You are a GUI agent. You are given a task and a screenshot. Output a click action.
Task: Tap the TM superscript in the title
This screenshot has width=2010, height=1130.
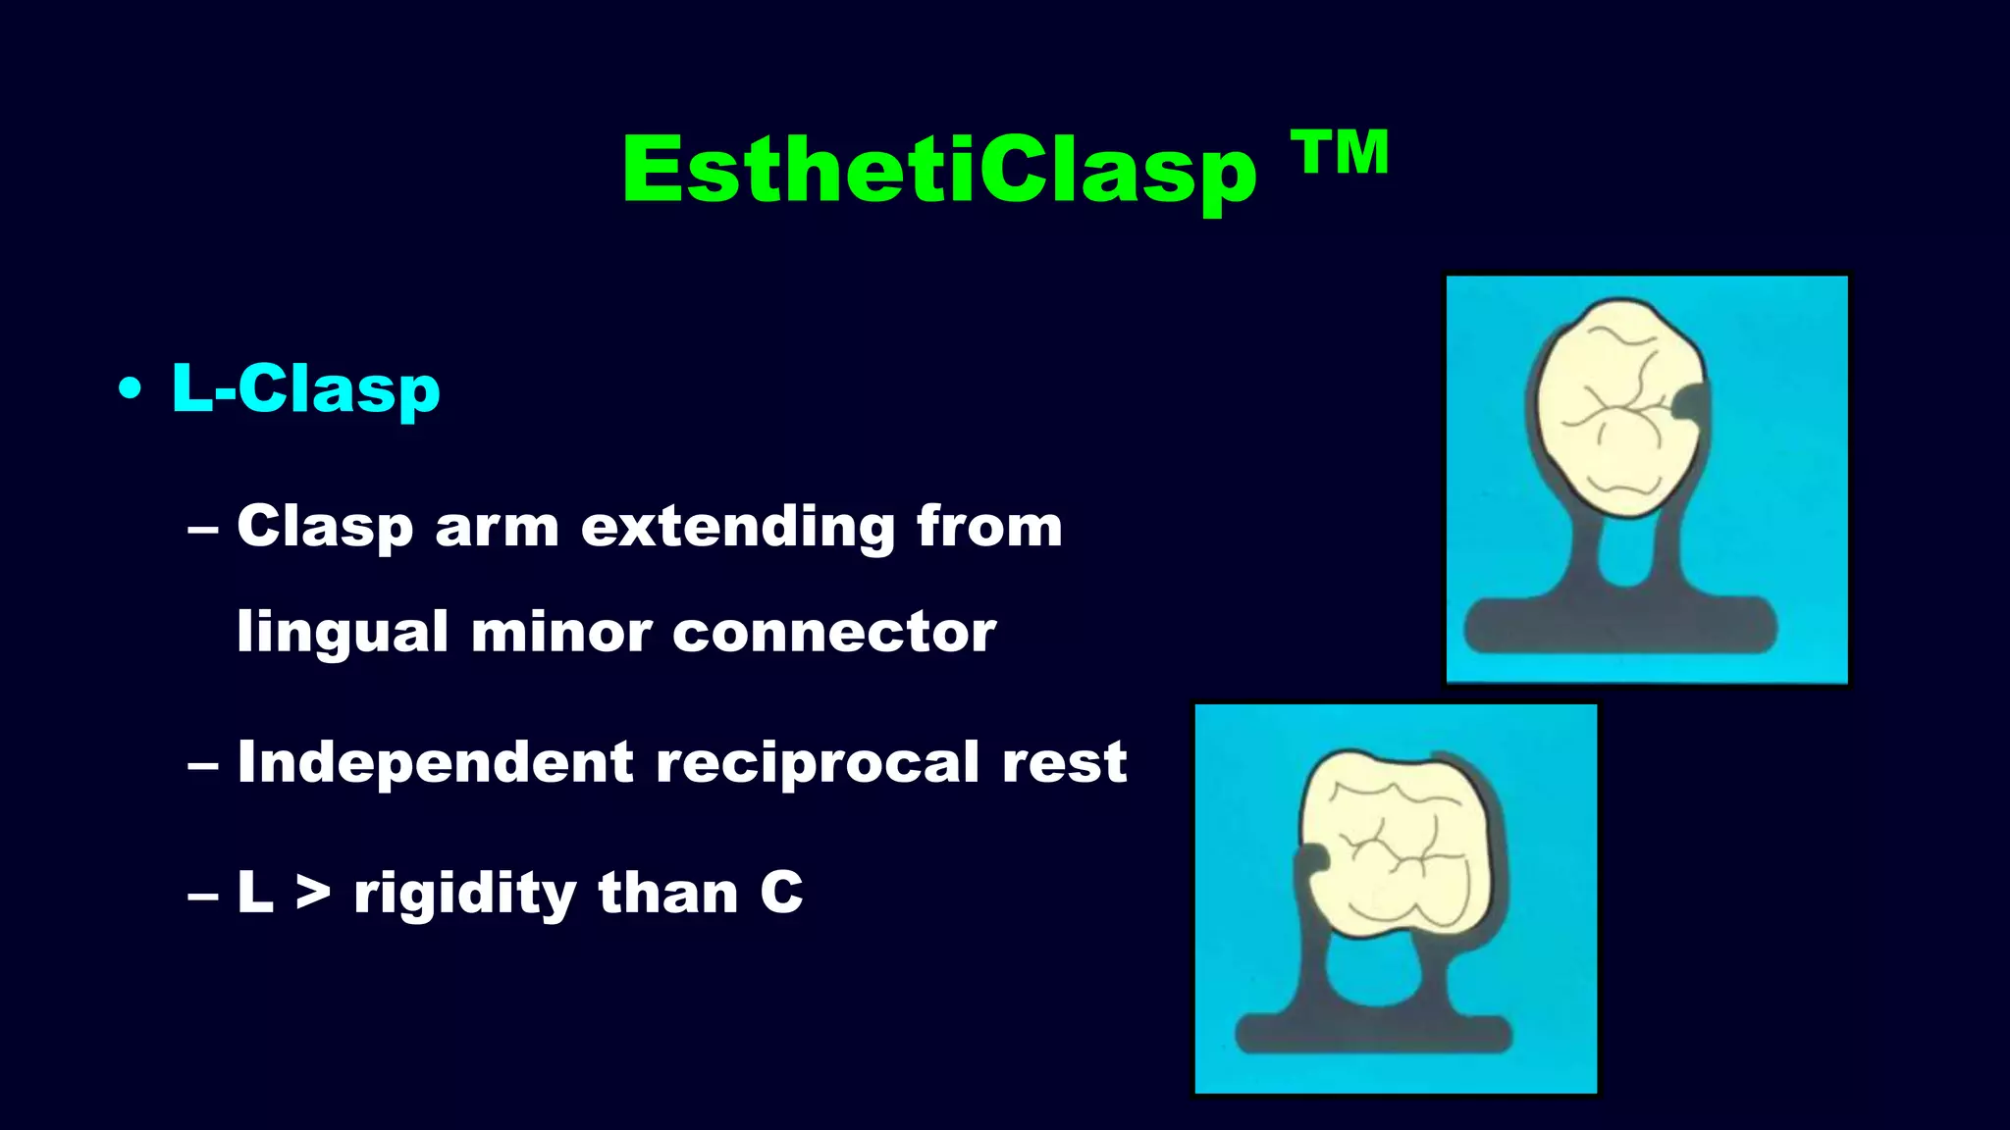tap(1340, 153)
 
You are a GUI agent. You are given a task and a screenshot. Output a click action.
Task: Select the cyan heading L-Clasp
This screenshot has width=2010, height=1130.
tap(305, 389)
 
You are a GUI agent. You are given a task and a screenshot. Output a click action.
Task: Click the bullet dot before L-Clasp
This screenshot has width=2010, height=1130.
tap(130, 389)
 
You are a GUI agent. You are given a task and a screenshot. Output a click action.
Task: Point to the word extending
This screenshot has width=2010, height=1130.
tap(737, 528)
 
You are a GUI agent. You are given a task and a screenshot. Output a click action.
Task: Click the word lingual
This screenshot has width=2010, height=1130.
tap(343, 633)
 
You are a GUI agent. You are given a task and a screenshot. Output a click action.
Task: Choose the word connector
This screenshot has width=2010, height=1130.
tap(833, 633)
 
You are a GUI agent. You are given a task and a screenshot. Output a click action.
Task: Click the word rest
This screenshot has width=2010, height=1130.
tap(1064, 762)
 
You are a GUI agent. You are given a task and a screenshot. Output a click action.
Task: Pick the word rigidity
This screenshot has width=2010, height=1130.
tap(464, 894)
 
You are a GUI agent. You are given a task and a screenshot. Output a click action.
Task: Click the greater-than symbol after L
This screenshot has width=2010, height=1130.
tap(313, 894)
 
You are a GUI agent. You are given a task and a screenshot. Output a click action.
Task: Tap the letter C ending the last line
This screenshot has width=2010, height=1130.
tap(781, 894)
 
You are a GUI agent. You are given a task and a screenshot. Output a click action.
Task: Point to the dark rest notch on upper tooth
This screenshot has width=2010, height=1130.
tap(1690, 402)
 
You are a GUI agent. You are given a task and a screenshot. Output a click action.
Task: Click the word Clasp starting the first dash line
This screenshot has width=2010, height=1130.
tap(324, 528)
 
